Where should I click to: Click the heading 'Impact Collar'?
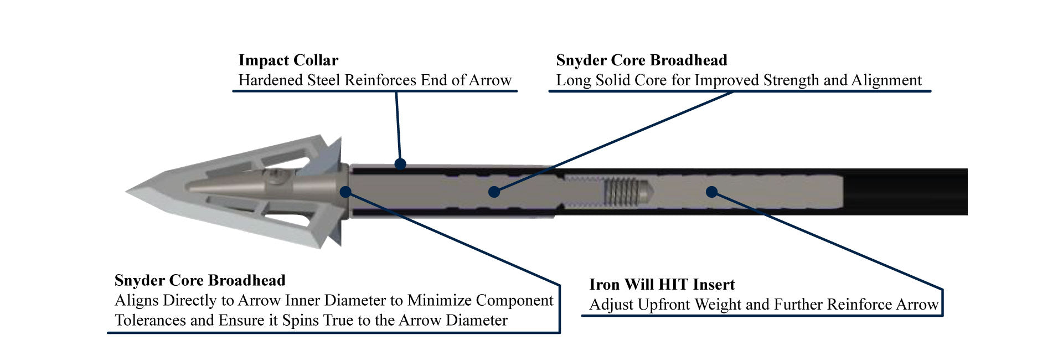click(x=288, y=60)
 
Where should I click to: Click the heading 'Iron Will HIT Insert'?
click(x=662, y=285)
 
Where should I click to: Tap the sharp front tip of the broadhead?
click(x=129, y=192)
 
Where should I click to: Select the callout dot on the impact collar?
click(x=400, y=163)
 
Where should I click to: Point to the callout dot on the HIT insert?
click(x=712, y=192)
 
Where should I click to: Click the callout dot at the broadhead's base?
click(x=345, y=192)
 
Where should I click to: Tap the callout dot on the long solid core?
click(x=494, y=192)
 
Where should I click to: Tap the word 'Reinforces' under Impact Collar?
click(x=381, y=80)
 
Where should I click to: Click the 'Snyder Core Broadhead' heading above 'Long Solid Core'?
click(x=641, y=60)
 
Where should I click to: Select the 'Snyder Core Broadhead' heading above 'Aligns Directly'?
click(x=200, y=280)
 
